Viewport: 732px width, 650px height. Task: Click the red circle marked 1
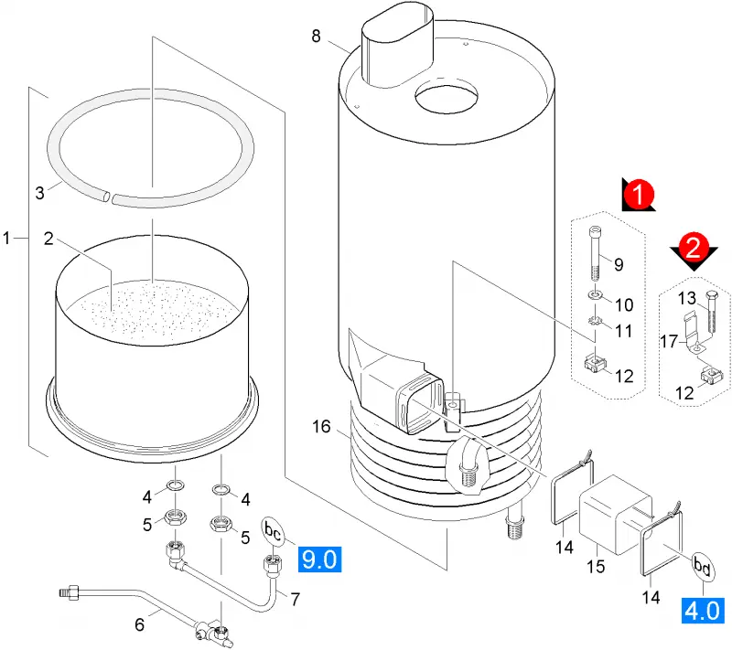click(639, 194)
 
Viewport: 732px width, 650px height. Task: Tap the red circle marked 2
click(693, 248)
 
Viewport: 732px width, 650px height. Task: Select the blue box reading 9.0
click(319, 559)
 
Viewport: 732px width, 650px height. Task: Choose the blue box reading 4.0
click(703, 611)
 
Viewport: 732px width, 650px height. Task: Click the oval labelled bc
click(273, 530)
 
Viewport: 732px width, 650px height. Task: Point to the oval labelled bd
click(703, 567)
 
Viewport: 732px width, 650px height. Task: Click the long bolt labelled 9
click(596, 253)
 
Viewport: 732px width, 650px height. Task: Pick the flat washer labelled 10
click(594, 295)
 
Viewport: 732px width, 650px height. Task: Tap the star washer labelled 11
click(595, 321)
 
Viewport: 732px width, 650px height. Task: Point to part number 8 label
click(316, 36)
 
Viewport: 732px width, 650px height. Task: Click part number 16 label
click(321, 426)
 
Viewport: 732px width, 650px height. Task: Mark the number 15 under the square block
click(596, 567)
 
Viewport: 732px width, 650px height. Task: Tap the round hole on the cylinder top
click(447, 99)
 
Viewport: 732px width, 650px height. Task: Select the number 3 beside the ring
click(39, 193)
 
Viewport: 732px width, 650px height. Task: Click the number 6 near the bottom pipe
click(139, 624)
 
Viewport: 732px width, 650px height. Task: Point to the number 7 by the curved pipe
click(295, 599)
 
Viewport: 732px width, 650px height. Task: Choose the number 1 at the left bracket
click(6, 239)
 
